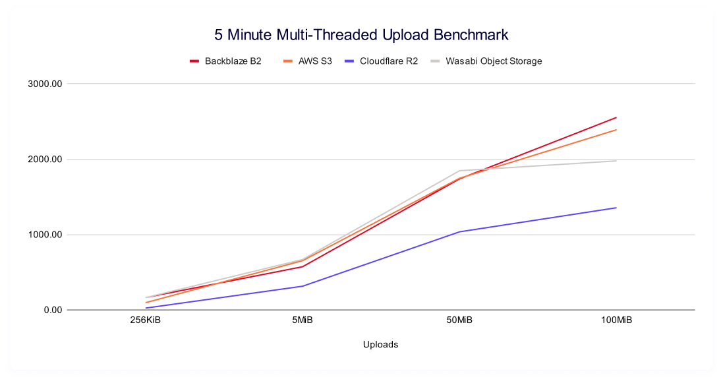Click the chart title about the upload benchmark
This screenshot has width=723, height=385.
361,34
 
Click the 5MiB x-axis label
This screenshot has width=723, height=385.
303,320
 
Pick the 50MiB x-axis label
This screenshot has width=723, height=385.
459,320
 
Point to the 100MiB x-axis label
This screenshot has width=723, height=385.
616,320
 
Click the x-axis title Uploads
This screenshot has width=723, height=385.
380,344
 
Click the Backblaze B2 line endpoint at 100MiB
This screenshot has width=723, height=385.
616,117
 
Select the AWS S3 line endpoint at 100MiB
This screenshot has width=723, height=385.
616,130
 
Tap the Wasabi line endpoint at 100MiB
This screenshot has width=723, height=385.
616,161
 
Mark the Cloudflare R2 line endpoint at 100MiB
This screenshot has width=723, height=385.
616,208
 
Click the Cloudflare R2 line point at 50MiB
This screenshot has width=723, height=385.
459,231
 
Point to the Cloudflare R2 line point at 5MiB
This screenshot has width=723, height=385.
303,286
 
